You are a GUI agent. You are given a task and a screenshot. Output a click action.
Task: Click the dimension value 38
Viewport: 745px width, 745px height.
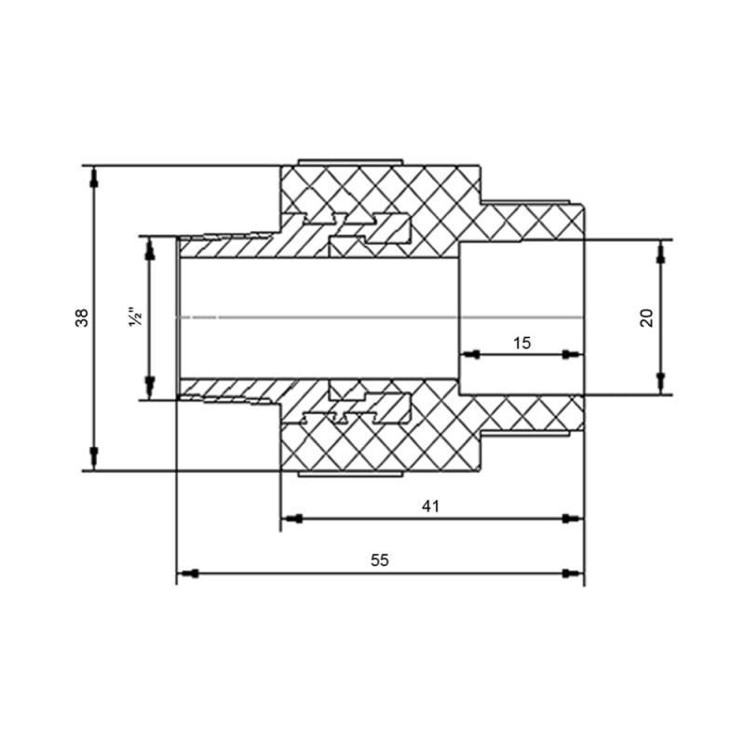pyautogui.click(x=83, y=318)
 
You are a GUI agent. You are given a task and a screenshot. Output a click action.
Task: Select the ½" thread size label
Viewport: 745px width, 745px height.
pyautogui.click(x=136, y=318)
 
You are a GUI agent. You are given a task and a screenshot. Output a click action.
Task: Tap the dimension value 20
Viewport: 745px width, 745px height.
pyautogui.click(x=647, y=317)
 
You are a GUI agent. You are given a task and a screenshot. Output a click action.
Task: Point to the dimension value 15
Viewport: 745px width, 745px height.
pyautogui.click(x=521, y=343)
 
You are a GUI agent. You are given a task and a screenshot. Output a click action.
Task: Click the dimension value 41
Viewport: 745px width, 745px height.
pyautogui.click(x=429, y=506)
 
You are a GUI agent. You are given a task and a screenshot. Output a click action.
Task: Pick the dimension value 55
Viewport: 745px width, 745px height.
pyautogui.click(x=379, y=561)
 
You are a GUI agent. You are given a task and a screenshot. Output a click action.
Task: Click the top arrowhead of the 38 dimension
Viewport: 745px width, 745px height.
pyautogui.click(x=93, y=177)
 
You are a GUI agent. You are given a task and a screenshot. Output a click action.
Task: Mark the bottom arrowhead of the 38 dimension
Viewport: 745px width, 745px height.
pyautogui.click(x=93, y=458)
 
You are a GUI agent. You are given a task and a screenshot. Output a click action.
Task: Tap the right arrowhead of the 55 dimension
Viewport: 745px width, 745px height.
pyautogui.click(x=574, y=573)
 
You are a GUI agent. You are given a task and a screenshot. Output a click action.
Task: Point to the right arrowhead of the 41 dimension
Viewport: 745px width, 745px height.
pyautogui.click(x=574, y=518)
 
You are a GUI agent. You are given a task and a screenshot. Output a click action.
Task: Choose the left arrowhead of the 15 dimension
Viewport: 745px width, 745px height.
pyautogui.click(x=470, y=355)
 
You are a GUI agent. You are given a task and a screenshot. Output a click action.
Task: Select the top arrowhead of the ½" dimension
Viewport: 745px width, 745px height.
pyautogui.click(x=148, y=247)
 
